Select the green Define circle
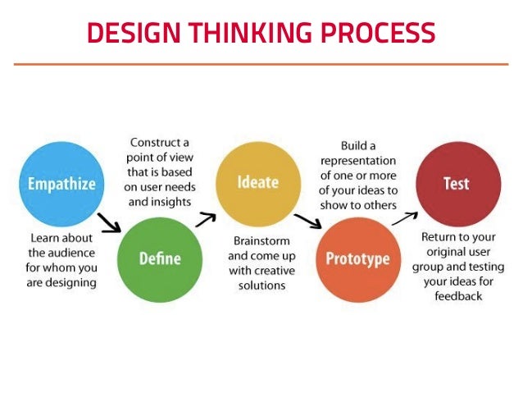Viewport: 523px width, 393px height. click(x=159, y=258)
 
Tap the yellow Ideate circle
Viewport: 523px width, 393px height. click(x=258, y=182)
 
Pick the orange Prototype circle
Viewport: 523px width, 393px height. click(x=357, y=259)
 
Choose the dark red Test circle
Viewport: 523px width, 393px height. click(x=457, y=183)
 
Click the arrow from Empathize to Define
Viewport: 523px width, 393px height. click(x=108, y=222)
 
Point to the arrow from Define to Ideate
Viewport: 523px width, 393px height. click(x=206, y=218)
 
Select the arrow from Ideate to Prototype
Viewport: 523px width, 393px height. click(x=307, y=221)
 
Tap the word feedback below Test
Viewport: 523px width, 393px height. click(x=459, y=295)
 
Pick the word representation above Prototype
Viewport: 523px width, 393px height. click(x=357, y=160)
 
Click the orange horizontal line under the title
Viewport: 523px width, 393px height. click(x=261, y=63)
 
